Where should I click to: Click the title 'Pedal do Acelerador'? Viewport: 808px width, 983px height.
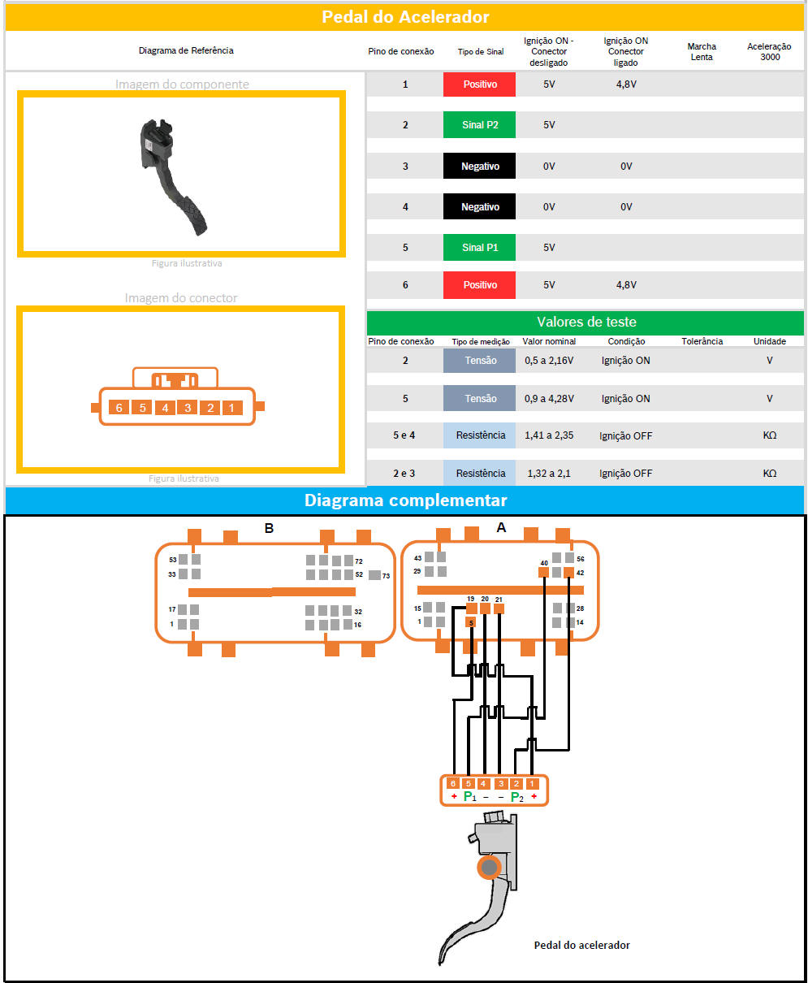[x=405, y=16]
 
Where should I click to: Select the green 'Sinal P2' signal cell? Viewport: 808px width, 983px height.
[x=480, y=125]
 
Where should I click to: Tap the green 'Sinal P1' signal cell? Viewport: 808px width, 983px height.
[x=480, y=247]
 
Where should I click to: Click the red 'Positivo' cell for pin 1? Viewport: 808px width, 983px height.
[x=480, y=84]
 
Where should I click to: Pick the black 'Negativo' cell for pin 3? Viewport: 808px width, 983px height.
[x=480, y=167]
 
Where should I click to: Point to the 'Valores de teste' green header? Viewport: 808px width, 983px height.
[x=586, y=322]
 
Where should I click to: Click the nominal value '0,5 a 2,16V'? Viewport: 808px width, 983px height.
[x=549, y=360]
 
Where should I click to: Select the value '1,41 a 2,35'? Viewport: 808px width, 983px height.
[x=550, y=435]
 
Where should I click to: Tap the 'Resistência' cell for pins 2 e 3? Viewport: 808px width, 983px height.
[x=480, y=473]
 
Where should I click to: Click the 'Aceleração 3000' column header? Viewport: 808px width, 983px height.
[x=769, y=51]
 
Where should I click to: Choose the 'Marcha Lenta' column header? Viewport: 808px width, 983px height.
[x=702, y=51]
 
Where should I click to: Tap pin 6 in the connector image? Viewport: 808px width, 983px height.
[x=119, y=407]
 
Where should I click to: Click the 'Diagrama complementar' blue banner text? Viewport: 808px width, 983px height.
[x=405, y=500]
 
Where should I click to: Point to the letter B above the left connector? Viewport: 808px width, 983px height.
[x=269, y=529]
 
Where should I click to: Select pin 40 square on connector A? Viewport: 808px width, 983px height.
[x=544, y=572]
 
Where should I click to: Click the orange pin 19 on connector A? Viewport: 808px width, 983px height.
[x=471, y=608]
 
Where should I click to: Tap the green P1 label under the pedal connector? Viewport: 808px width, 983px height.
[x=469, y=797]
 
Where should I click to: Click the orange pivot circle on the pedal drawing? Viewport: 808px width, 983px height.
[x=489, y=868]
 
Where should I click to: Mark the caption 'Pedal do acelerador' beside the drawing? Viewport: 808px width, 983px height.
[x=581, y=945]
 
